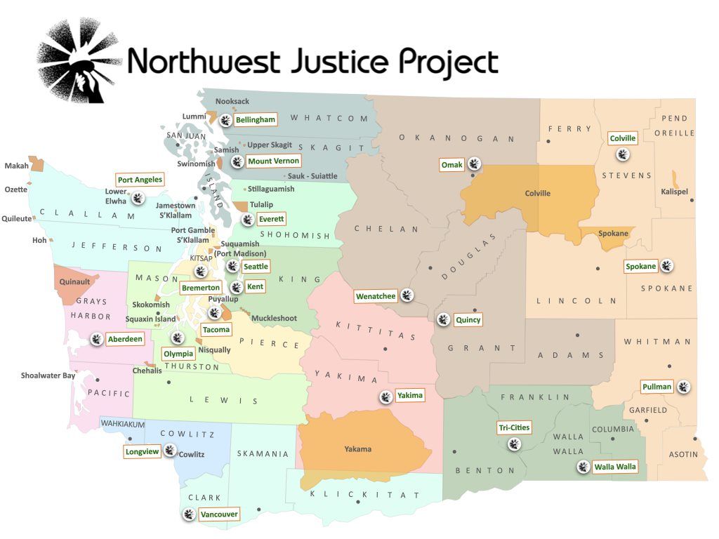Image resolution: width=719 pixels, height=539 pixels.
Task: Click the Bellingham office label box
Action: pos(255,120)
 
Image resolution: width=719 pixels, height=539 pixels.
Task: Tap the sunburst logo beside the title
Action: pos(77,60)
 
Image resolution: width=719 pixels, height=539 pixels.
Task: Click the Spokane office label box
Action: pos(641,266)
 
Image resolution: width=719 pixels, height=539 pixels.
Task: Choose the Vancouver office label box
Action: pos(219,514)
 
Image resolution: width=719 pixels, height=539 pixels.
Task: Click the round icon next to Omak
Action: pos(475,164)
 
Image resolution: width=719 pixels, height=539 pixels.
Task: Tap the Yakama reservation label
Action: pos(358,449)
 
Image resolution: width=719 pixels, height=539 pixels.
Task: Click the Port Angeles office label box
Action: pos(140,180)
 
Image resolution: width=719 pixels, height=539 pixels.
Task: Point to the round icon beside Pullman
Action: pos(683,386)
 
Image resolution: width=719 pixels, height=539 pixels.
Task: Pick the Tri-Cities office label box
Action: pos(513,427)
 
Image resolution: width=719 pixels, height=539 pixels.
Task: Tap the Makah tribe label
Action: pos(16,166)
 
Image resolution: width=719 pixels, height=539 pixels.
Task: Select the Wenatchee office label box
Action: pos(375,295)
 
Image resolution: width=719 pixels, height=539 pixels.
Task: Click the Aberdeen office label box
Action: pos(125,339)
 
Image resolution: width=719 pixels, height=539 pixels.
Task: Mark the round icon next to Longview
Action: pos(171,451)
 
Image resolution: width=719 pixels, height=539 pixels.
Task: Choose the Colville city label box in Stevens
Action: pos(622,138)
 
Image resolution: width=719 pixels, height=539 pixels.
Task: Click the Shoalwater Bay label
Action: pos(48,375)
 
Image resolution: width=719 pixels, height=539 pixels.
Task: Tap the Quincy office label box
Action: pos(468,320)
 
